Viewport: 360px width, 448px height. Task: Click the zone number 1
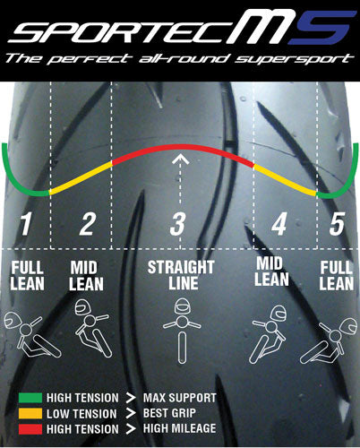pyautogui.click(x=26, y=224)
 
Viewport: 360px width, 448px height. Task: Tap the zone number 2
pyautogui.click(x=87, y=224)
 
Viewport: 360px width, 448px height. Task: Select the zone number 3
pyautogui.click(x=178, y=224)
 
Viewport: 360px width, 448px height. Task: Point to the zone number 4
pyautogui.click(x=279, y=224)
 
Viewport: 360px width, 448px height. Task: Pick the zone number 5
pyautogui.click(x=337, y=224)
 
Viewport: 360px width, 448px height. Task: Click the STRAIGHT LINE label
pyautogui.click(x=180, y=276)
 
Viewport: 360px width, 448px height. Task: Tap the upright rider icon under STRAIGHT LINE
pyautogui.click(x=180, y=326)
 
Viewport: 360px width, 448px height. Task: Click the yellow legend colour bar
pyautogui.click(x=34, y=413)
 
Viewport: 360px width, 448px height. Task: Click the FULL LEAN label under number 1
pyautogui.click(x=26, y=276)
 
